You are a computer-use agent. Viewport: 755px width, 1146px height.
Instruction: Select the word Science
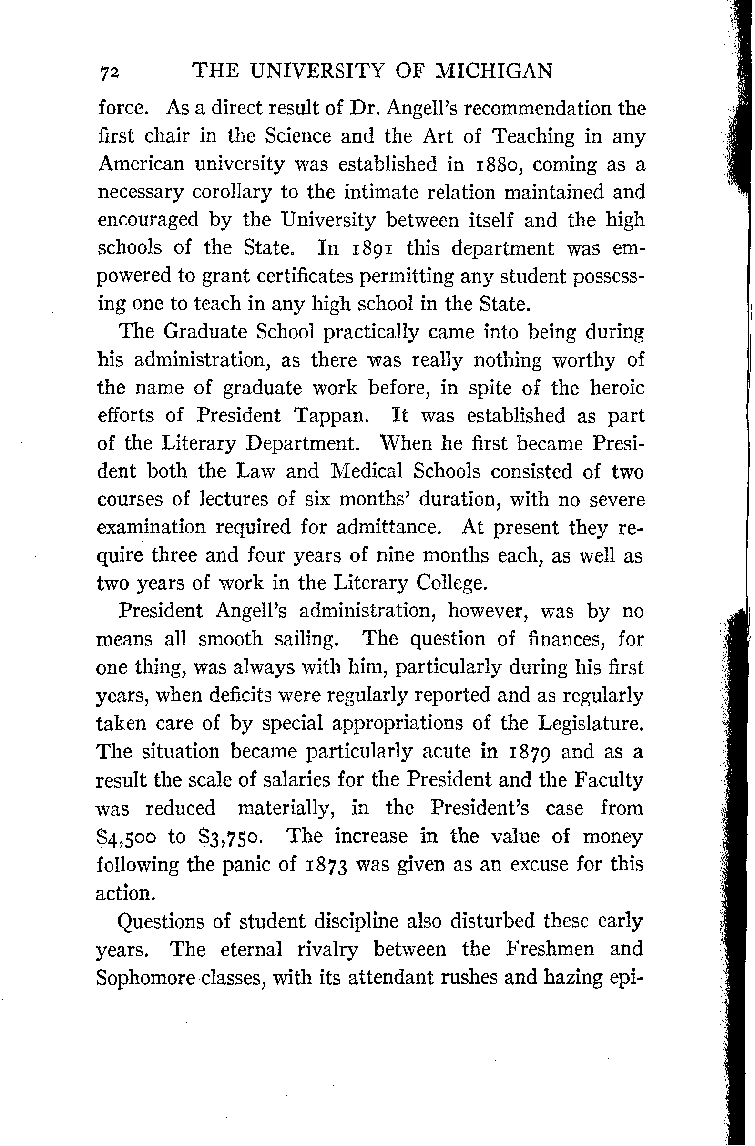point(298,136)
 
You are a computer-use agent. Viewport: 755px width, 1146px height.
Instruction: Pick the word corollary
point(232,193)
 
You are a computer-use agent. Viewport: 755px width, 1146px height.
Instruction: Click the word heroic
point(617,388)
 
